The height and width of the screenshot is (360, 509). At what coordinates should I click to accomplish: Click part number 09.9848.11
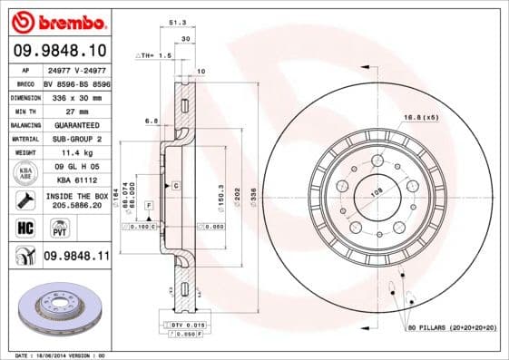pos(76,258)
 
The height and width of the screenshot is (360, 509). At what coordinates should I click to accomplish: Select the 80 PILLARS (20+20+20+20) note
pos(453,326)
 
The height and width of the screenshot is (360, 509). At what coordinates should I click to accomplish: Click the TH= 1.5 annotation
pos(152,56)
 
